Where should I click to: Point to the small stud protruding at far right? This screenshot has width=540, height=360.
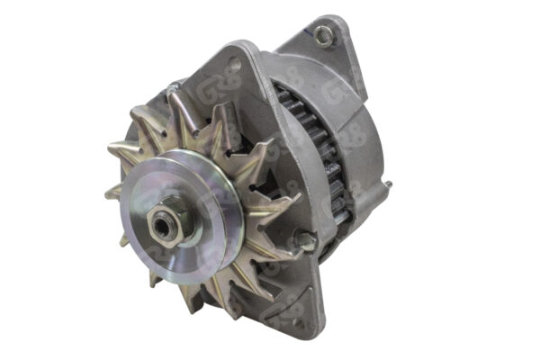(389, 186)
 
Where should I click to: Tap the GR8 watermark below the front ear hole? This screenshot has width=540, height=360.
(236, 86)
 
